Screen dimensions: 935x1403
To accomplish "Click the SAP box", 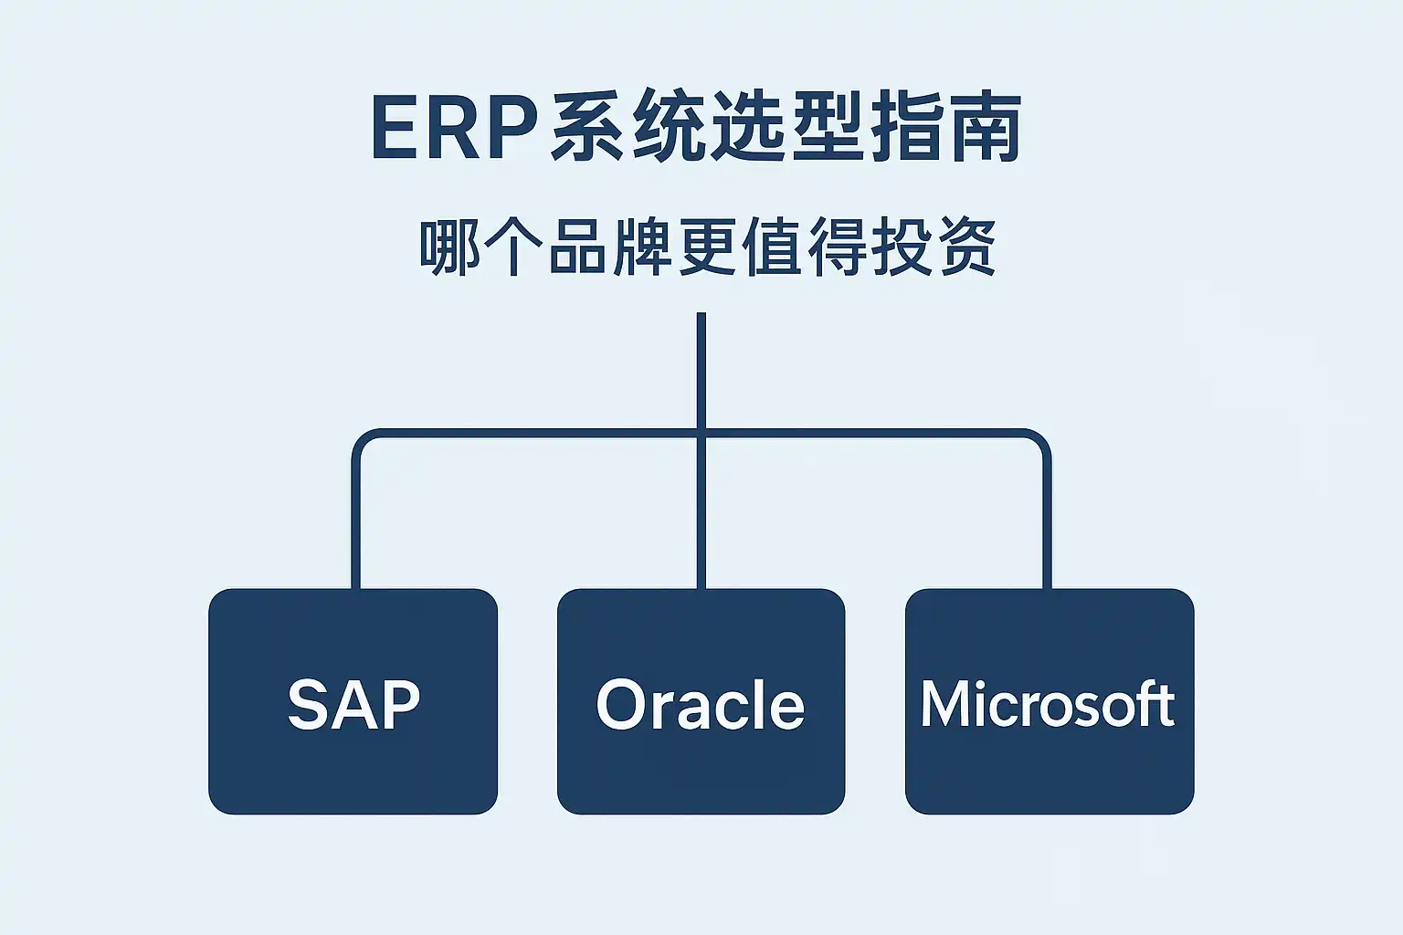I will click(353, 701).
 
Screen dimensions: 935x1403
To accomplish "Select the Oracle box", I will click(701, 701).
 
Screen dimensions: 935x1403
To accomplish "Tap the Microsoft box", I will click(1049, 701).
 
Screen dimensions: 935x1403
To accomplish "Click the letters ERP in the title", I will click(453, 127).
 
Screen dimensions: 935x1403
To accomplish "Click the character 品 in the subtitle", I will click(577, 247).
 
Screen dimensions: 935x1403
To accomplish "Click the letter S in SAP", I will click(308, 704).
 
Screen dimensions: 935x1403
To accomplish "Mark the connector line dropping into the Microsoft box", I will click(1047, 530).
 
